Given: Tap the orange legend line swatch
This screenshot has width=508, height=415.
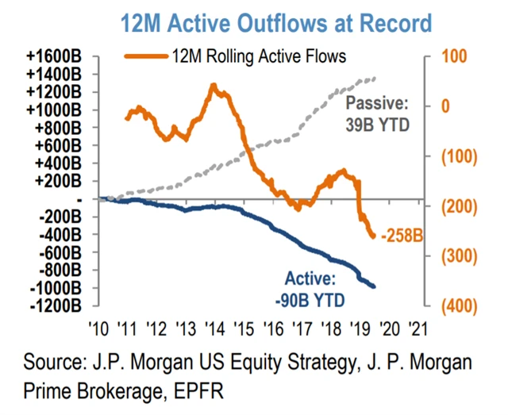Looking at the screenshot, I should [148, 56].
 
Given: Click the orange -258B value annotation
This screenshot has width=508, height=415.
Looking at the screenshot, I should [399, 236].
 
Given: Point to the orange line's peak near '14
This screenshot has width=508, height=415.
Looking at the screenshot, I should [213, 84].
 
